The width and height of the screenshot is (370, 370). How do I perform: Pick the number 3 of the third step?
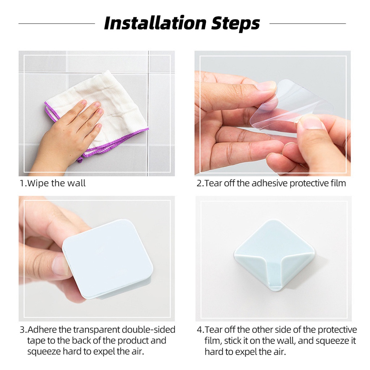[22, 330]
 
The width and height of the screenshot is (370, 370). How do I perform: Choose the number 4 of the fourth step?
[199, 330]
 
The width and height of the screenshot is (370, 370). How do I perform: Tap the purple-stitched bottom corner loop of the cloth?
[80, 159]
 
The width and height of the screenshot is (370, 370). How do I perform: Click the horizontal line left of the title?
[57, 23]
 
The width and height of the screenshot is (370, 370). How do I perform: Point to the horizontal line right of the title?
[308, 23]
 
